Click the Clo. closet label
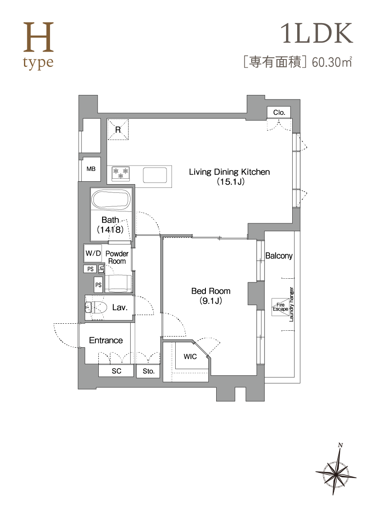pos(279,112)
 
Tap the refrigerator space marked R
pos(118,129)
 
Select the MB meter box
pos(91,169)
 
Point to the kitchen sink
pos(155,175)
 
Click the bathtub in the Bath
pos(111,200)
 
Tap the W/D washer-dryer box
pos(93,253)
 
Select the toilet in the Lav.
pos(96,308)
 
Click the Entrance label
pos(106,340)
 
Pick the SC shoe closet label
pos(117,371)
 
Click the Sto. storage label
pos(148,371)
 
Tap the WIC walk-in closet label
pos(190,356)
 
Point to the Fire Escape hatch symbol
pos(281,307)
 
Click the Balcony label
pos(279,256)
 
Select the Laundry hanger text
pos(291,304)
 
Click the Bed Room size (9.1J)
pos(211,301)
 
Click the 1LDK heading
pos(317,33)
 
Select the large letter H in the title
pos(38,37)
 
